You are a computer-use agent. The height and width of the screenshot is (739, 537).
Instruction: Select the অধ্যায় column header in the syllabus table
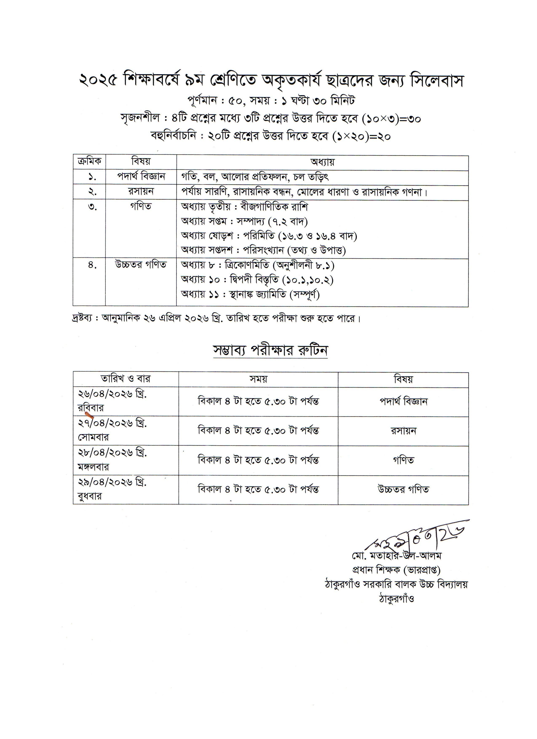click(x=322, y=162)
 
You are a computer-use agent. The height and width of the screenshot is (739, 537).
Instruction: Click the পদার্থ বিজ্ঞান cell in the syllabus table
click(x=141, y=177)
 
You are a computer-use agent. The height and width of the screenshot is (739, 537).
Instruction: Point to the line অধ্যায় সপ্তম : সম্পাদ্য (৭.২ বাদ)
click(x=244, y=221)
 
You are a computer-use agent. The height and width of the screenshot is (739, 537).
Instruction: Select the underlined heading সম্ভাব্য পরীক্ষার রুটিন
click(x=270, y=350)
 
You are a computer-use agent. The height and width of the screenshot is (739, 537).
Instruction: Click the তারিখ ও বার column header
click(x=126, y=379)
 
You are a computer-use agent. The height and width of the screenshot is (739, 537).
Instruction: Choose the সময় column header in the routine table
click(x=258, y=379)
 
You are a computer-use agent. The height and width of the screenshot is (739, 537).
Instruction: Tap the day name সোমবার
click(x=93, y=437)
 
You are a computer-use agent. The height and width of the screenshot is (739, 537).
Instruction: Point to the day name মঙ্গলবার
click(x=93, y=467)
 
